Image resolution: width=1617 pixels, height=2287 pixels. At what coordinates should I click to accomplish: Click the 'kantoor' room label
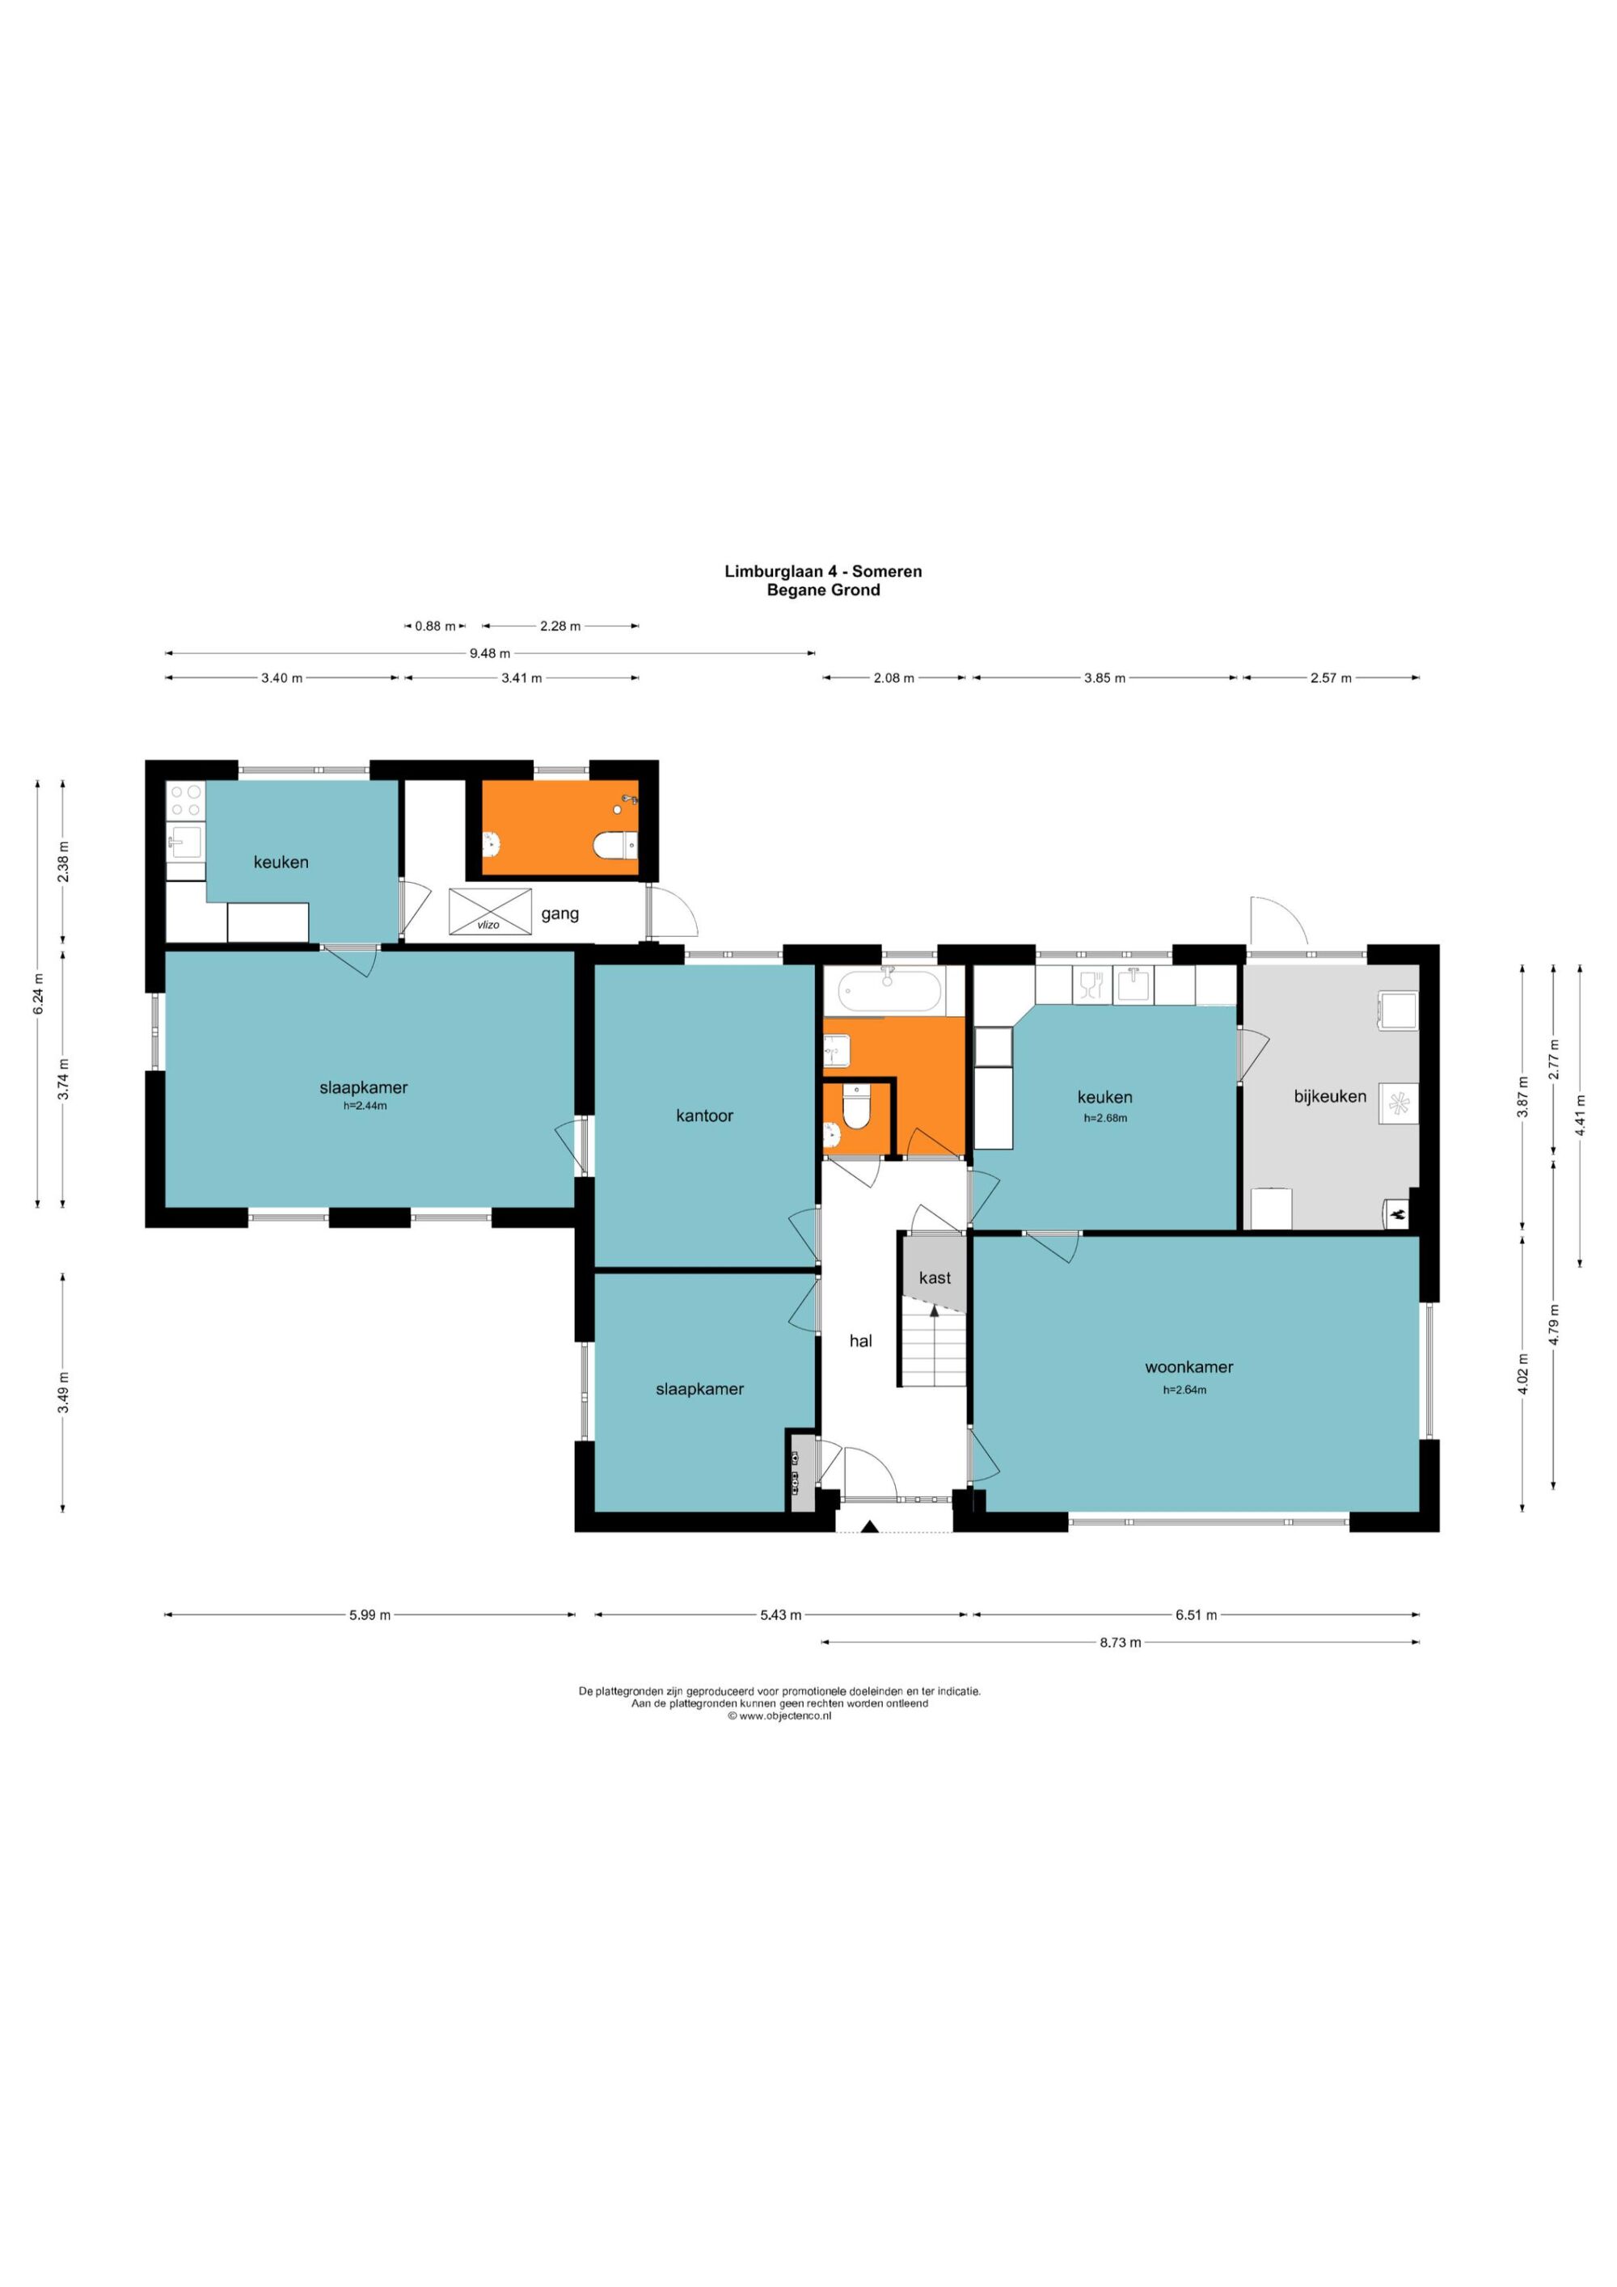pyautogui.click(x=704, y=1116)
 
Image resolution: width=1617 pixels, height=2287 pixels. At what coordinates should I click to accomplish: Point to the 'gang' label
pyautogui.click(x=560, y=914)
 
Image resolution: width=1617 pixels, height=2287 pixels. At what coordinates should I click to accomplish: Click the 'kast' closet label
pyautogui.click(x=935, y=1277)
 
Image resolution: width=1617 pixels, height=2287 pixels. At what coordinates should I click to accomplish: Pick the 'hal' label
pyautogui.click(x=861, y=1340)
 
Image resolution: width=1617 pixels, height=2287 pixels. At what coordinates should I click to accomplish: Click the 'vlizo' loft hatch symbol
pyautogui.click(x=490, y=911)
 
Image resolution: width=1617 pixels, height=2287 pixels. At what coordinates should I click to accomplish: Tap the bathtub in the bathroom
pyautogui.click(x=889, y=991)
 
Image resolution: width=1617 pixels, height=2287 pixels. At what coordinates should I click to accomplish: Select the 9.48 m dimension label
pyautogui.click(x=489, y=653)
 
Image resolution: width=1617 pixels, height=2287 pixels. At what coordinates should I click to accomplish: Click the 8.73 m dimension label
pyautogui.click(x=1120, y=1643)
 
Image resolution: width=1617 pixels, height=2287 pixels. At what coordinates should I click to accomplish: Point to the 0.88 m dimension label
pyautogui.click(x=434, y=627)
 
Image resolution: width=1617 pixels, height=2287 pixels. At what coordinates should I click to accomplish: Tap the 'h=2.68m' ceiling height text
pyautogui.click(x=1105, y=1117)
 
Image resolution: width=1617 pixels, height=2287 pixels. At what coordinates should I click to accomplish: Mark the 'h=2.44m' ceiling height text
pyautogui.click(x=365, y=1106)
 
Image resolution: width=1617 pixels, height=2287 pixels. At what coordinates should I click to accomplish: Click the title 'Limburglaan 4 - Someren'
pyautogui.click(x=823, y=572)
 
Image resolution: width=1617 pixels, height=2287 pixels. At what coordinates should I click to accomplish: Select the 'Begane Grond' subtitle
pyautogui.click(x=823, y=589)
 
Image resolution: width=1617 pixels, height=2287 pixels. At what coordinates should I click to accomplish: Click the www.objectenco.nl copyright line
pyautogui.click(x=779, y=1716)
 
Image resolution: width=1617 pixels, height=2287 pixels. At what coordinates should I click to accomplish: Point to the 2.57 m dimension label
pyautogui.click(x=1331, y=678)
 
